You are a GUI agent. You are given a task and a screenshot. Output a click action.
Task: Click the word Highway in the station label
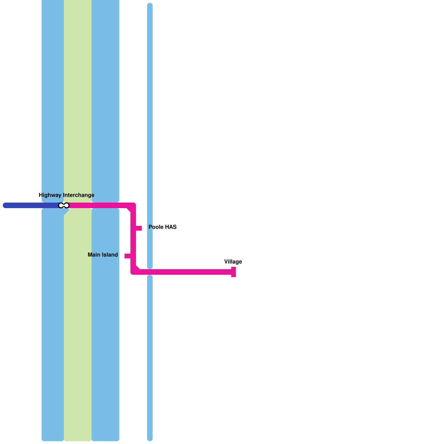click(50, 195)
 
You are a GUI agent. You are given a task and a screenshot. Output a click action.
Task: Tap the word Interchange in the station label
click(79, 195)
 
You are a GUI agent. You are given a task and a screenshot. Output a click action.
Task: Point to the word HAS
click(171, 227)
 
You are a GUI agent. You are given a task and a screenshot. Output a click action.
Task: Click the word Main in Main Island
click(94, 255)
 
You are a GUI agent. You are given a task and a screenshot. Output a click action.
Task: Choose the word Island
click(109, 255)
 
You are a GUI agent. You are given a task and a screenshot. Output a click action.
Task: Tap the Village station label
click(233, 262)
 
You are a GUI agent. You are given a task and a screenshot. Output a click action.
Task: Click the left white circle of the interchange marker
click(61, 205)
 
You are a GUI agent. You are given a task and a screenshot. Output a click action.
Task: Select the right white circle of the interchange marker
click(66, 205)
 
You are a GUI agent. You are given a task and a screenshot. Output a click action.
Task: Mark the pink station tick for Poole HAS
click(139, 228)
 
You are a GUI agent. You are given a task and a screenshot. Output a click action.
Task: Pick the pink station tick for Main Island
click(128, 256)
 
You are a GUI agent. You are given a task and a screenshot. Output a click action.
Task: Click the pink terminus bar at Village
click(234, 272)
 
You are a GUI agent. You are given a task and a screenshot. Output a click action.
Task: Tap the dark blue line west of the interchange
click(31, 205)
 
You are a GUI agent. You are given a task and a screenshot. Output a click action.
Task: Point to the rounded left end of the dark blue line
click(5, 205)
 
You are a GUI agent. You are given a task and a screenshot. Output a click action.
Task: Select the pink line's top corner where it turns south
click(133, 206)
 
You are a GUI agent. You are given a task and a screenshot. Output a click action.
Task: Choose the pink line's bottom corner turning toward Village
click(133, 272)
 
